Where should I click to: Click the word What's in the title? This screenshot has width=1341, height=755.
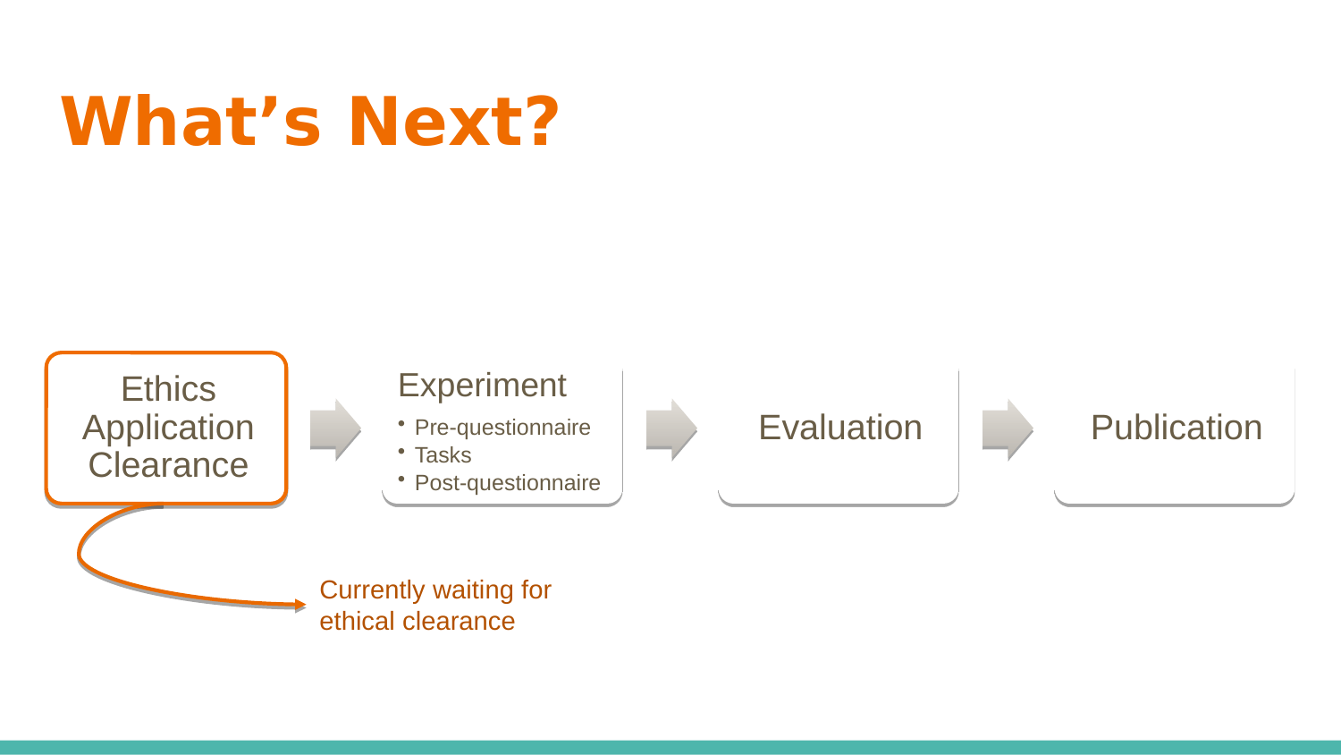191,121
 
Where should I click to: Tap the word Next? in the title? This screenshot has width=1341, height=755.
454,121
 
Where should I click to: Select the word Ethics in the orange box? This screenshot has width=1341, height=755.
168,389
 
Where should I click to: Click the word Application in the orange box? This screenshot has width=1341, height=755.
168,428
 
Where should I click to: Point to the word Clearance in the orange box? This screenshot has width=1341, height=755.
168,465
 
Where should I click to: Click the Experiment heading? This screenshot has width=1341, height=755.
482,386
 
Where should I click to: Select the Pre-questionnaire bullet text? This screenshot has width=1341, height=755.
502,428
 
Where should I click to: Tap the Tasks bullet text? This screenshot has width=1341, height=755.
443,454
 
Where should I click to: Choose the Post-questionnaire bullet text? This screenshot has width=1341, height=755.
507,482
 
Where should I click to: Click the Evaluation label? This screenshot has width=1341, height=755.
840,428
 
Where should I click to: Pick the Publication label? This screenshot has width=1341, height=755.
1177,428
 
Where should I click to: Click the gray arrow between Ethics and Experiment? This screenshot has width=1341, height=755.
335,429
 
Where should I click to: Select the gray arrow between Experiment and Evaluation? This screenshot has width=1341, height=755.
671,429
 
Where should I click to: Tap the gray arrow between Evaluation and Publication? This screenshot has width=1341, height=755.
1008,429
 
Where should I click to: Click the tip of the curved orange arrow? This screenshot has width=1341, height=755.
306,606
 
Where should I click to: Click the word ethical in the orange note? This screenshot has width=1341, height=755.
358,622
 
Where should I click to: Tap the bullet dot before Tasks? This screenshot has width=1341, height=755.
401,451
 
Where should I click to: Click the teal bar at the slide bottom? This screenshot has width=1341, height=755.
670,748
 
